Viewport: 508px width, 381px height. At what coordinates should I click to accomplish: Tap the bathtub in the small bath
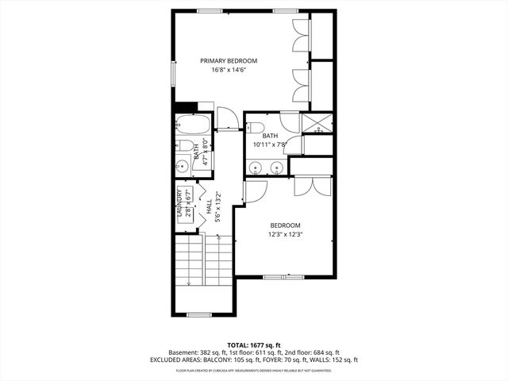[193, 125]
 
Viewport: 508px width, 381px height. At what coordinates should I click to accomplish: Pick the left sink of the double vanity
[256, 167]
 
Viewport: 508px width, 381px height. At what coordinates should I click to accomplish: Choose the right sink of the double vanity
[275, 167]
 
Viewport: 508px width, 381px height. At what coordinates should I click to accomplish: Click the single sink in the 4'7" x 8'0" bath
[182, 167]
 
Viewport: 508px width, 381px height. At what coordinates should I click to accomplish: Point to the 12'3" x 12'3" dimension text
[285, 234]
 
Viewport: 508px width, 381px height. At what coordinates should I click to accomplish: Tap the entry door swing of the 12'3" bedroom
[255, 190]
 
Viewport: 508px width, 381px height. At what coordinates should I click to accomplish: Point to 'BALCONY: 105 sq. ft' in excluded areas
[236, 360]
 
